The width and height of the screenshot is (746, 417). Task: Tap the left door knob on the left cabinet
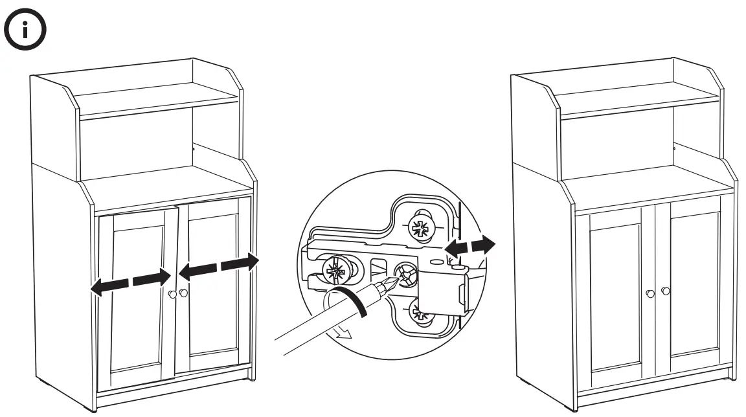(172, 295)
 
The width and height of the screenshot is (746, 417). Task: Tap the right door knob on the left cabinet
(183, 293)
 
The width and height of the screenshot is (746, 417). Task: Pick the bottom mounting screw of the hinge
(421, 317)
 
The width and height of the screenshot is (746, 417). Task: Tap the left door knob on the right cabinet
(650, 294)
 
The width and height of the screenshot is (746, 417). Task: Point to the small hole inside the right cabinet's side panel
(675, 150)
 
